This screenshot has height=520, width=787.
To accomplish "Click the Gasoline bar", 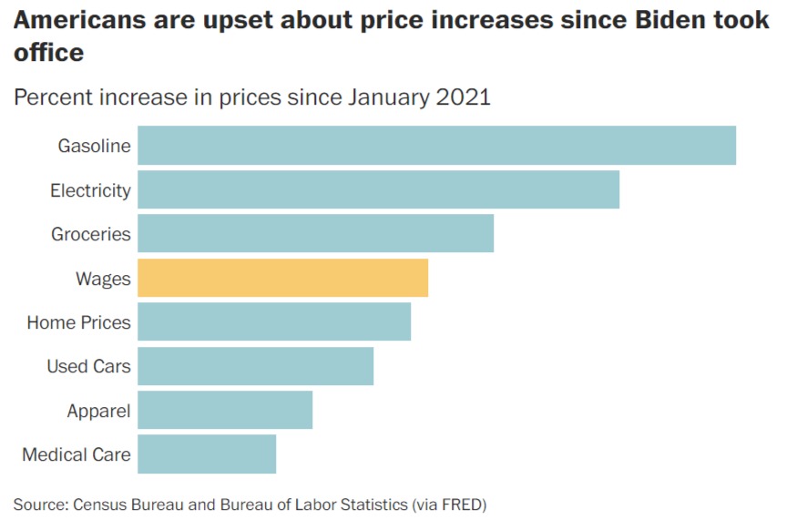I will (436, 146).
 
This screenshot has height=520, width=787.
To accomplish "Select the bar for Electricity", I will (378, 189).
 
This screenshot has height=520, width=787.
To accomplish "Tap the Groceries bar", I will (315, 234).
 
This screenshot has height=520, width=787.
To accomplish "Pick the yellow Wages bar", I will (282, 278).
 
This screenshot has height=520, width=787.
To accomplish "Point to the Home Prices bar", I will (274, 321).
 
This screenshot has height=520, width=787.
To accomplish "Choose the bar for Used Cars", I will (255, 366).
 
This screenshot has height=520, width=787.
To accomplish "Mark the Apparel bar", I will (225, 410).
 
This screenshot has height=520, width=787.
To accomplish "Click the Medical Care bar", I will (207, 454).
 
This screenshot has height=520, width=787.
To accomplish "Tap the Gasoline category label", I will (95, 146).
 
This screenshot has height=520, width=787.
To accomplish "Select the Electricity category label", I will (90, 190).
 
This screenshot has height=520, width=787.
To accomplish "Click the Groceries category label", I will (91, 234).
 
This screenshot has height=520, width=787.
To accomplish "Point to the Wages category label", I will (103, 279).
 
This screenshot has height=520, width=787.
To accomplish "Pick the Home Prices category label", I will (78, 322).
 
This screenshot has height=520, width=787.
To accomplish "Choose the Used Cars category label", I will (88, 366).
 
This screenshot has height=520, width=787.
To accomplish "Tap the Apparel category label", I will (98, 411).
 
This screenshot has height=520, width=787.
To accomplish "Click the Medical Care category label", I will (77, 454).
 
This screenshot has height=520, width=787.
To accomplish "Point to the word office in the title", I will (49, 53).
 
